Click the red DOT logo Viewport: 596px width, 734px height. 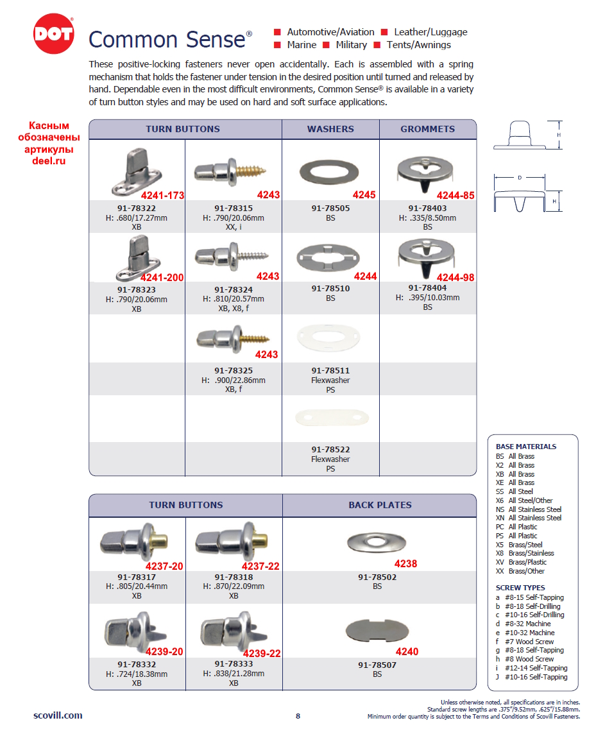[53, 34]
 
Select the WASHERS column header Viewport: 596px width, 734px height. [330, 129]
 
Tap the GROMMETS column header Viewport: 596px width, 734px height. [427, 129]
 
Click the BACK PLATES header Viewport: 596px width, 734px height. [380, 505]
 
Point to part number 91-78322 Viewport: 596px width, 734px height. [136, 209]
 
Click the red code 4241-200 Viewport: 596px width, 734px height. [162, 278]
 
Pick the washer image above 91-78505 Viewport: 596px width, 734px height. [330, 171]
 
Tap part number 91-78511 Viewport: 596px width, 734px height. [330, 371]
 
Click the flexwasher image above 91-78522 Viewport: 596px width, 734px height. [330, 418]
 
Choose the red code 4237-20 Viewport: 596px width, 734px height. [164, 566]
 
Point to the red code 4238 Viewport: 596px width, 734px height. [405, 564]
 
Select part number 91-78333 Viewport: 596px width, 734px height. [234, 665]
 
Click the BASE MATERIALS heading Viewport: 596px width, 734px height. [525, 447]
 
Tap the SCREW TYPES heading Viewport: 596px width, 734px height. [520, 588]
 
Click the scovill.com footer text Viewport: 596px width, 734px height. [58, 715]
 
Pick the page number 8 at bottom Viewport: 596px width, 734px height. [298, 716]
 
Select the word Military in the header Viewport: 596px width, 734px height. [351, 45]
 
